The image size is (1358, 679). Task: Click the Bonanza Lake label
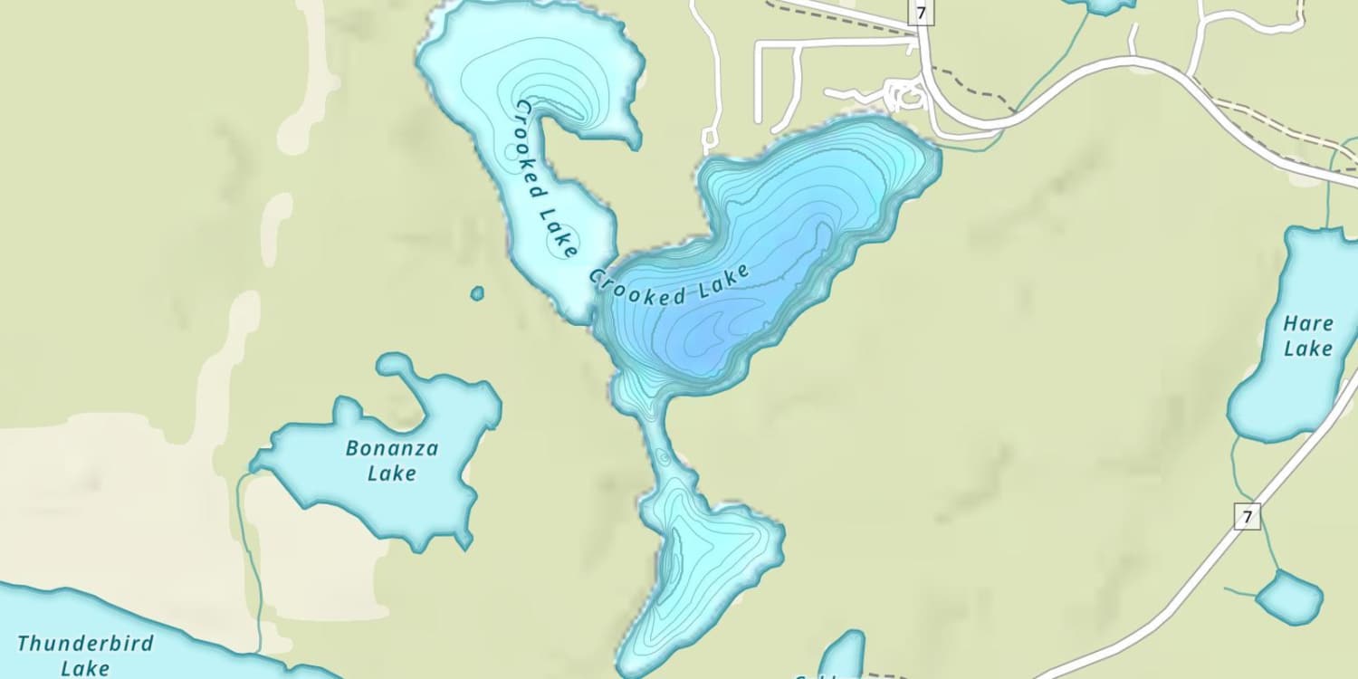pos(392,460)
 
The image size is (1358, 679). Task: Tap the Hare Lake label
pos(1308,336)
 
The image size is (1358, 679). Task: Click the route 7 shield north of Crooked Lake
pos(921,12)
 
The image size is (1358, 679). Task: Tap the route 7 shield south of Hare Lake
pos(1247,517)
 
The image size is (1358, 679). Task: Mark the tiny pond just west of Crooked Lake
pos(477,293)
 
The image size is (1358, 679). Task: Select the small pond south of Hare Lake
pos(1289,597)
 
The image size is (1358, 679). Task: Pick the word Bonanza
pos(392,448)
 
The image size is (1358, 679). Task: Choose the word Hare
pos(1308,323)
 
